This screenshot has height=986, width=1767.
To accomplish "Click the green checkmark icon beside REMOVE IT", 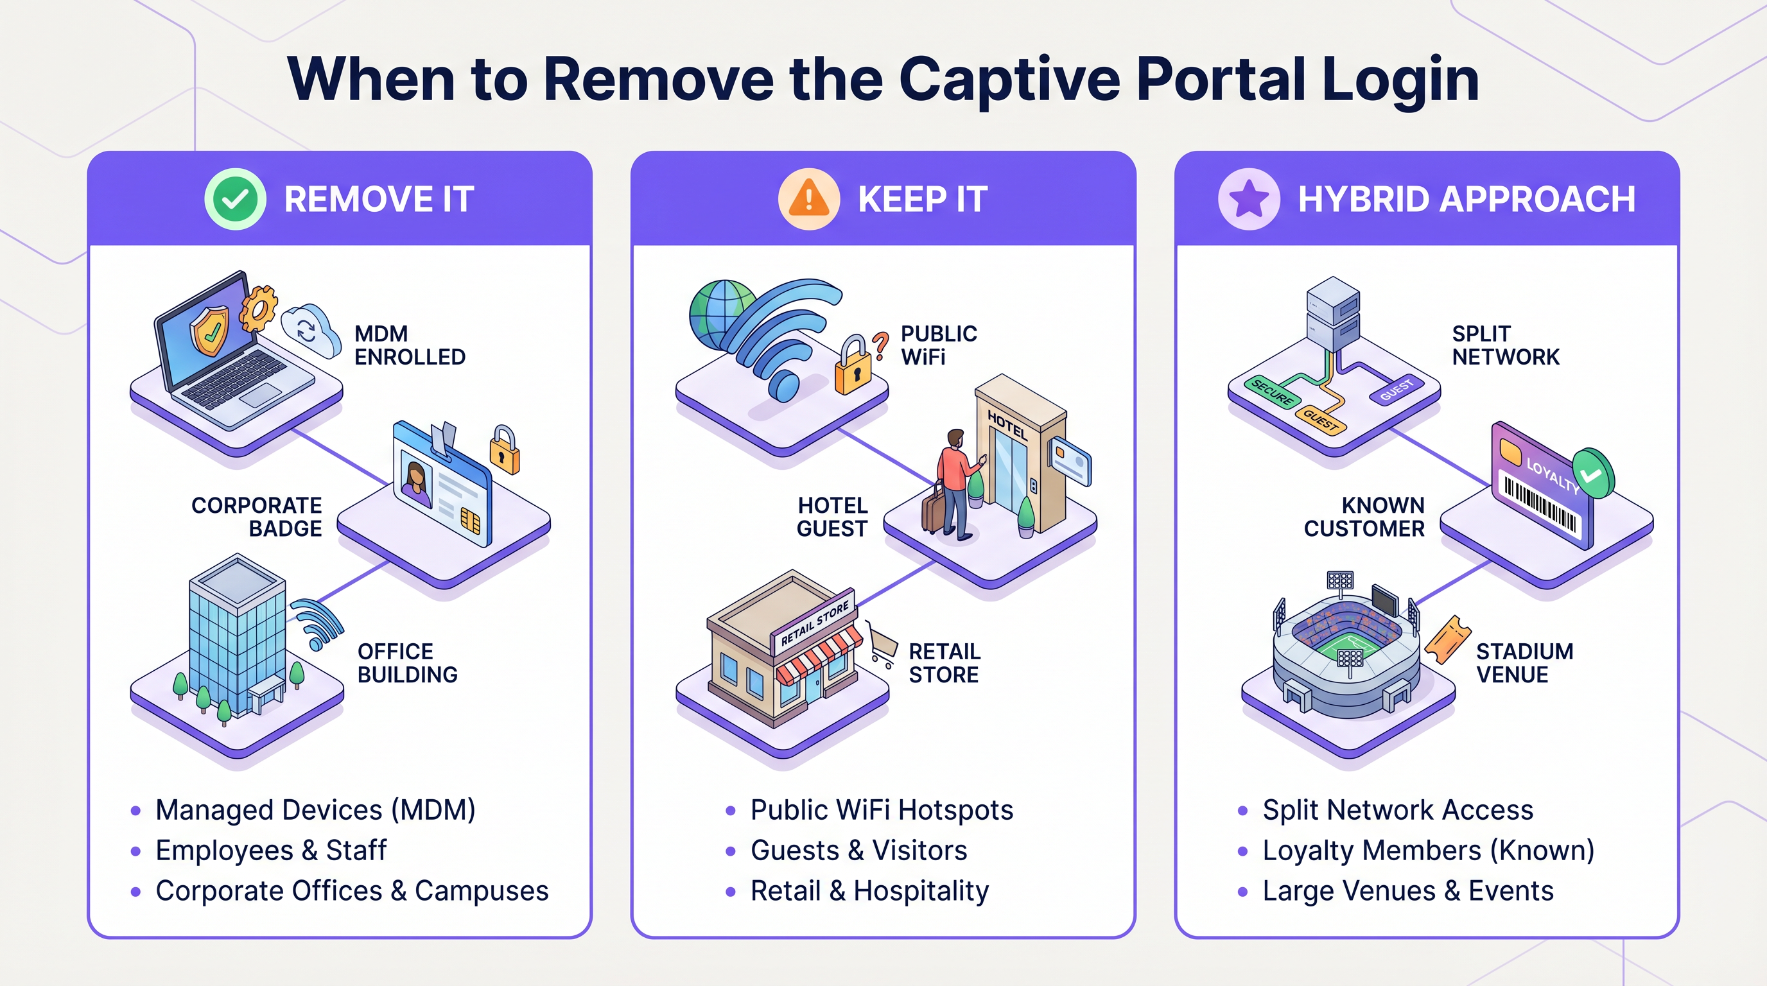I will click(235, 199).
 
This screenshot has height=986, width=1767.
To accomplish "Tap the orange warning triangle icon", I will click(809, 199).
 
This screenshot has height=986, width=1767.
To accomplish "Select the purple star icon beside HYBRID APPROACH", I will click(1248, 199).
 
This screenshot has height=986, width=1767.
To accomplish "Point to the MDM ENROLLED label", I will click(410, 345).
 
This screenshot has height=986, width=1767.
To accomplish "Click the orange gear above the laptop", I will click(259, 308).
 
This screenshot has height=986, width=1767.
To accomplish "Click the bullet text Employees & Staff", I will click(271, 851).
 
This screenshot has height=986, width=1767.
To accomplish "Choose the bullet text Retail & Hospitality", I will click(869, 891).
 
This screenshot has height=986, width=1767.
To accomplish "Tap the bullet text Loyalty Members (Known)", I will click(1428, 851).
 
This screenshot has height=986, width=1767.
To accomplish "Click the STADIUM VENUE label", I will click(1524, 662).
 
